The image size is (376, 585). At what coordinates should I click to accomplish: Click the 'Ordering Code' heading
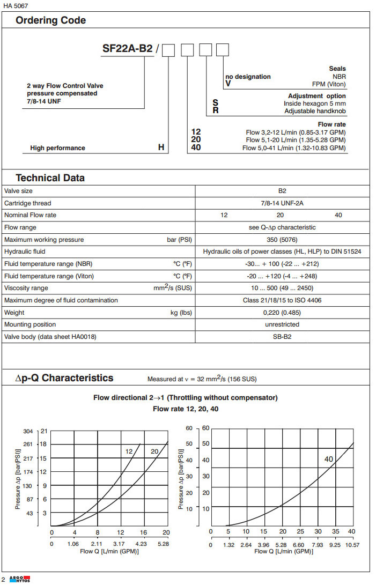50,21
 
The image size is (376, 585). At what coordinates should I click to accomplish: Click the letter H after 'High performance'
161,147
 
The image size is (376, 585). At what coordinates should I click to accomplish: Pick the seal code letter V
228,84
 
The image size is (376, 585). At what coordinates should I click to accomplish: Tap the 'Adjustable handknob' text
315,111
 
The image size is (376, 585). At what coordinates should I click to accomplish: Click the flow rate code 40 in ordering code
196,147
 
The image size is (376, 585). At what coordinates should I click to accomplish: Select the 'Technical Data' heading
50,178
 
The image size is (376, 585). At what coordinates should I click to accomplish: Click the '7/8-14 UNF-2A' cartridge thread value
282,203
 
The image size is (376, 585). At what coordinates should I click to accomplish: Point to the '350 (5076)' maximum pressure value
282,240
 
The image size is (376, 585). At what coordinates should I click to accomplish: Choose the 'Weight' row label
14,313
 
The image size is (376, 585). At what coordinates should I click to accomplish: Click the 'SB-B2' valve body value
282,337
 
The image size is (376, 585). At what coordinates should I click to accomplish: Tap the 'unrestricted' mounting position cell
282,324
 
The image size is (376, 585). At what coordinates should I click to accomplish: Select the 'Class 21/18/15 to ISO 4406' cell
282,300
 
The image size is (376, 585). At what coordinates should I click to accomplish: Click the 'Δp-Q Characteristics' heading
64,378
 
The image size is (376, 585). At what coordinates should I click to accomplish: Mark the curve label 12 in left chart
129,452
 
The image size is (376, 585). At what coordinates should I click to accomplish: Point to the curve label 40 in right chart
329,459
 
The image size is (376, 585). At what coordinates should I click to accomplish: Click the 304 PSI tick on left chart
28,431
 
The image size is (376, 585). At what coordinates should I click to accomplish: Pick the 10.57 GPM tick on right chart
352,545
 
